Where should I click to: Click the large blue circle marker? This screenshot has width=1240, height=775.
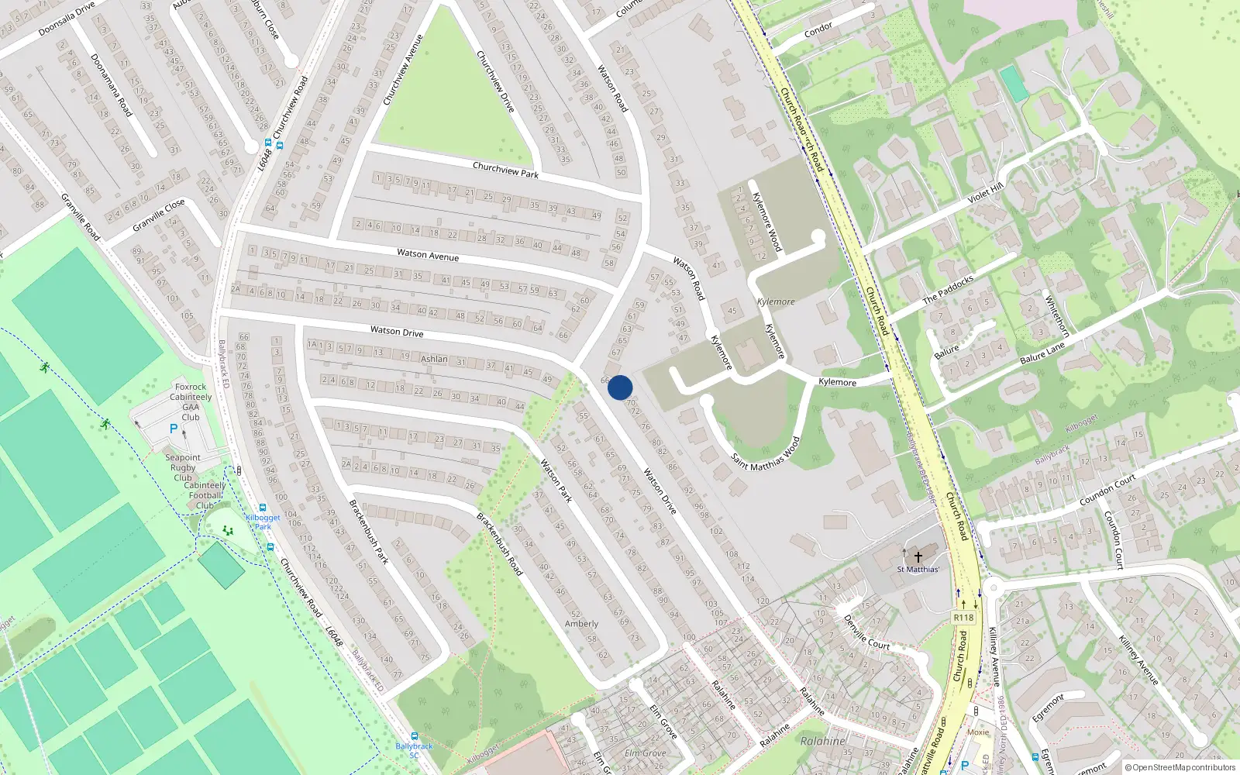tap(620, 387)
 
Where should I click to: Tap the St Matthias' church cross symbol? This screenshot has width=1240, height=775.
tap(918, 556)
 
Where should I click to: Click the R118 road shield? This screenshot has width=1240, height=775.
tap(963, 618)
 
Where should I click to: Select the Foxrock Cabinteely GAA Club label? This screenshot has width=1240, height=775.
tap(191, 401)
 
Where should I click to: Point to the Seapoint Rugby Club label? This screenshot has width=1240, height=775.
tap(183, 467)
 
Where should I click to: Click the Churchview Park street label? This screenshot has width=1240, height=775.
tap(505, 170)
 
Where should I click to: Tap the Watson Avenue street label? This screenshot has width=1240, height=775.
tap(428, 254)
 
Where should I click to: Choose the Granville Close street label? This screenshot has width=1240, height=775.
tap(158, 215)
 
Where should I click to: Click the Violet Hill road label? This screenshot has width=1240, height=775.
tap(985, 193)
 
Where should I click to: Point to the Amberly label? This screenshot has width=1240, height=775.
tap(581, 623)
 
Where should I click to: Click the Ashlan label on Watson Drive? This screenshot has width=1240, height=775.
tap(434, 359)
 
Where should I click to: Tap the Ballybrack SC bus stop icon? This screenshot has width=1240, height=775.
tap(415, 736)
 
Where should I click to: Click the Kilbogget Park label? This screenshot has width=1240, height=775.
tap(263, 522)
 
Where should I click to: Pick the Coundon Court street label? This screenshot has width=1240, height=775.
tap(1107, 490)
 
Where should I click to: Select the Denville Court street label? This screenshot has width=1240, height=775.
tap(866, 632)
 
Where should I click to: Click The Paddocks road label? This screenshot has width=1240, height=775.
tap(948, 288)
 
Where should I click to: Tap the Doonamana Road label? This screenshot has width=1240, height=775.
tap(111, 85)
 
